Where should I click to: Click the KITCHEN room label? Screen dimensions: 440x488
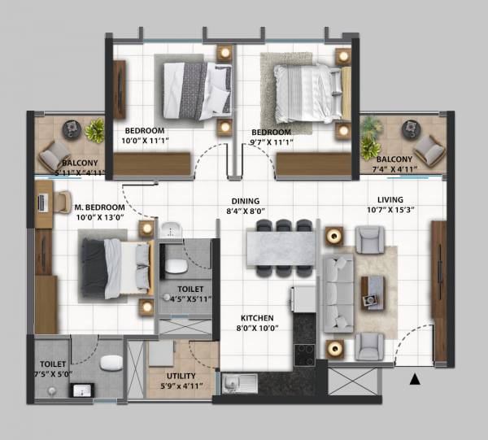[256, 318]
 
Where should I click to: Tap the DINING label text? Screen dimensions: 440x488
[244, 201]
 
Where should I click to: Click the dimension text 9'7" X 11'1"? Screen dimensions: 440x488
[271, 142]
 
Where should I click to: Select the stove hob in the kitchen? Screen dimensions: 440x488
[305, 354]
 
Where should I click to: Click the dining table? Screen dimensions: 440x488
[281, 249]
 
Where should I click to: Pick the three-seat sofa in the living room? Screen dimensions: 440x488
[338, 294]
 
